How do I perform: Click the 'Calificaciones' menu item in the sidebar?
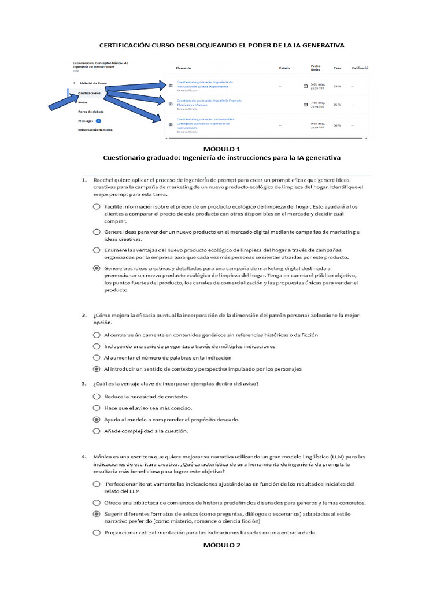click(x=90, y=92)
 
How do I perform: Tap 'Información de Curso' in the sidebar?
click(x=95, y=130)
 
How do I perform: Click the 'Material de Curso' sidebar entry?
click(x=93, y=83)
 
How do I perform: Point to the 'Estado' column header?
click(x=284, y=68)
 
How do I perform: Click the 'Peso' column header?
click(x=337, y=68)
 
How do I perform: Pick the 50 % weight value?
click(x=336, y=125)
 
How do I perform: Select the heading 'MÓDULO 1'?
click(x=221, y=149)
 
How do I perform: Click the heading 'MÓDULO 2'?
click(x=221, y=545)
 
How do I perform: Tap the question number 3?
click(x=84, y=384)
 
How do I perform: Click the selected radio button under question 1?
click(x=96, y=269)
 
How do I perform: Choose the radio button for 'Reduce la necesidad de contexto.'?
click(x=96, y=397)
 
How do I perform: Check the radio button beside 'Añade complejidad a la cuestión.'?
click(x=96, y=431)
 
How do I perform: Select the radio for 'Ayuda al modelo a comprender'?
click(x=96, y=419)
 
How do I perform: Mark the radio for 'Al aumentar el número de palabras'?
click(x=96, y=357)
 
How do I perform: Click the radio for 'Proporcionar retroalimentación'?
click(x=96, y=532)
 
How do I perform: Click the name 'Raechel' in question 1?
click(x=105, y=180)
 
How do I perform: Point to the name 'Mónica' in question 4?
click(x=104, y=456)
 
